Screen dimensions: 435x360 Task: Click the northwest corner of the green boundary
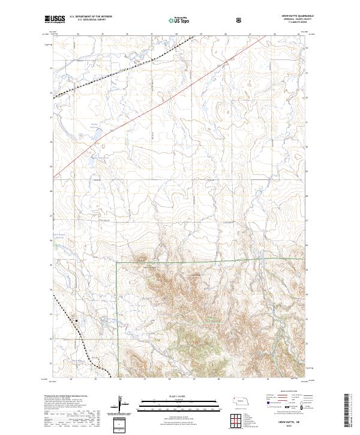(x=116, y=262)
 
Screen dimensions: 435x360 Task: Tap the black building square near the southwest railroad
(x=77, y=320)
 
